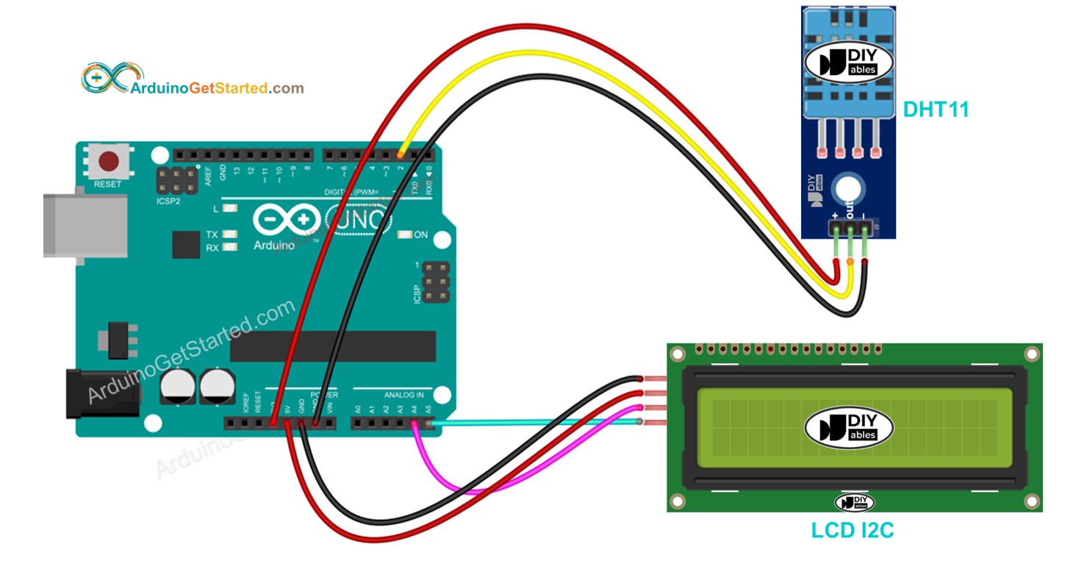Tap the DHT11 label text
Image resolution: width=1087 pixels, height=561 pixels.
[936, 110]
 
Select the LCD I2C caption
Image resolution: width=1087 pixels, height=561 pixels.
[853, 530]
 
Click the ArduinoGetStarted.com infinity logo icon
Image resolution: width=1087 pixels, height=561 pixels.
[104, 79]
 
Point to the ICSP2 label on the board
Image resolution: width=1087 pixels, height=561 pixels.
[169, 200]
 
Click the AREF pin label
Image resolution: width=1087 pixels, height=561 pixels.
[208, 174]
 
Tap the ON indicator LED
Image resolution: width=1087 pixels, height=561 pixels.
[403, 235]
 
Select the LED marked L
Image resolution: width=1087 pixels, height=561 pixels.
[230, 210]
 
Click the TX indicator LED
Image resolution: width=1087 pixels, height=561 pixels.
[230, 235]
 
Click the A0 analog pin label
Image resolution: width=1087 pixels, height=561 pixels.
[358, 409]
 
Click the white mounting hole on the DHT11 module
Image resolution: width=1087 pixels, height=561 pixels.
[847, 189]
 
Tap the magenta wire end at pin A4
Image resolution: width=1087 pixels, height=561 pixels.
[415, 424]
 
